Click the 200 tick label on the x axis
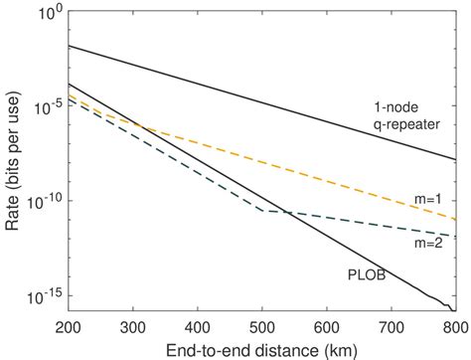[69, 329]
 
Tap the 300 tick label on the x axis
[133, 329]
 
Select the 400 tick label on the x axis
[198, 329]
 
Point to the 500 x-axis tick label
[262, 329]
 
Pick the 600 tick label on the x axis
[327, 329]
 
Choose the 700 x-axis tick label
[392, 329]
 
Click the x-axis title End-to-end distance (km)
[260, 349]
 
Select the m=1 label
[427, 200]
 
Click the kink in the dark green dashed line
[261, 211]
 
